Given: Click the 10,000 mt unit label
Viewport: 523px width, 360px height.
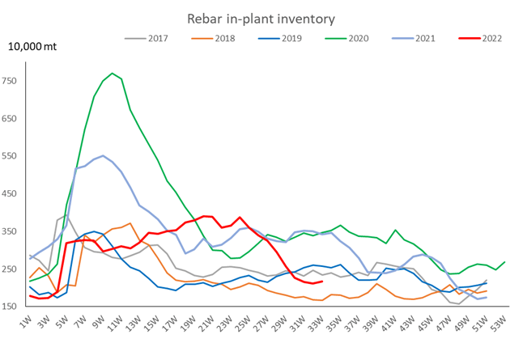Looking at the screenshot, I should [x=32, y=47].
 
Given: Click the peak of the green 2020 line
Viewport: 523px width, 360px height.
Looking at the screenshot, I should [x=113, y=74].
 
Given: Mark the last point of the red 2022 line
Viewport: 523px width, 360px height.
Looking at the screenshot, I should [x=322, y=281].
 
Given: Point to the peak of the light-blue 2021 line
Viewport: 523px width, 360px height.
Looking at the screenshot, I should [x=103, y=155].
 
